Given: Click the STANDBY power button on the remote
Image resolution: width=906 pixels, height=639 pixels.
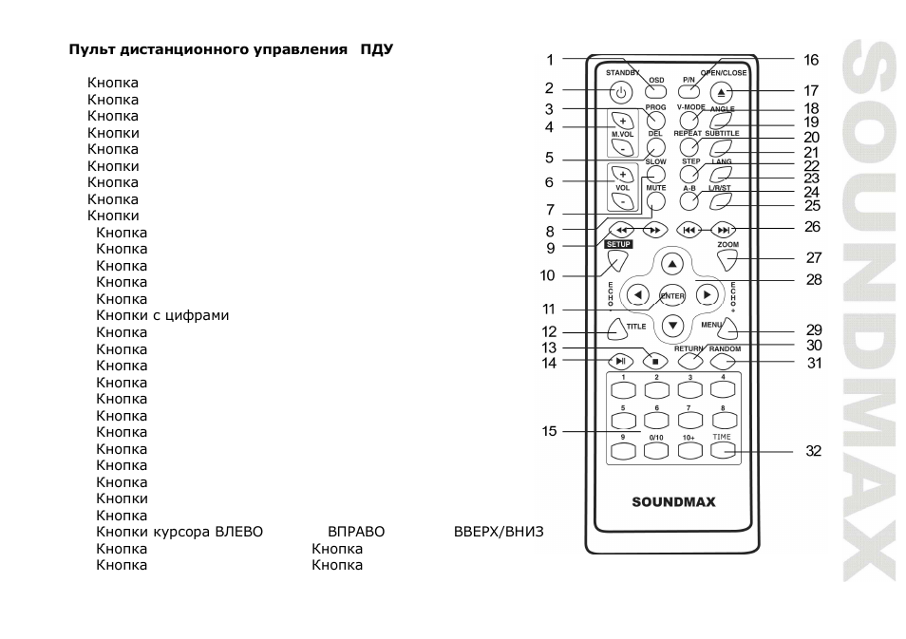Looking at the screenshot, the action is click(x=621, y=92).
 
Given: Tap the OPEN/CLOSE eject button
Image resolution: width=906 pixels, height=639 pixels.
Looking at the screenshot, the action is click(x=721, y=92).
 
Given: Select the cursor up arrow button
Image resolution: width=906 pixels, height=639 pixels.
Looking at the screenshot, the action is click(x=672, y=264).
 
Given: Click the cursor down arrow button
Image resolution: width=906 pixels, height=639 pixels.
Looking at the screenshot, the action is click(x=672, y=326).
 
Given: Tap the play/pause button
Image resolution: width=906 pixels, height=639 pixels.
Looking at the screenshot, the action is click(x=620, y=362).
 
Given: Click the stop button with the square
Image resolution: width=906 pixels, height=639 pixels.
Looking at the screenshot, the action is click(x=655, y=362).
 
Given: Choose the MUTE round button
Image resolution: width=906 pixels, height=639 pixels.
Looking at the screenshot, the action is click(x=656, y=201).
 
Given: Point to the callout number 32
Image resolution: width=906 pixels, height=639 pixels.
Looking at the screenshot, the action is click(x=814, y=451).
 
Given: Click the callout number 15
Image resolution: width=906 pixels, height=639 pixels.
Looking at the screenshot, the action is click(x=549, y=431).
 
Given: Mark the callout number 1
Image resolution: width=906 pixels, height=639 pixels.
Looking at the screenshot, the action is click(x=550, y=60).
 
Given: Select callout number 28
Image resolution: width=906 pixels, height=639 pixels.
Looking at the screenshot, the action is click(x=814, y=280).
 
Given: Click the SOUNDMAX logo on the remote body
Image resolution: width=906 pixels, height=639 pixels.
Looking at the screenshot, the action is click(x=673, y=502).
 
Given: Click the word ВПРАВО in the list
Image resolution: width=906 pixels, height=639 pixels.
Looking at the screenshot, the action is click(x=356, y=532).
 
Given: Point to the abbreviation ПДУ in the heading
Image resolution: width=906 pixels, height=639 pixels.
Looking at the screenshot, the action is click(x=377, y=49).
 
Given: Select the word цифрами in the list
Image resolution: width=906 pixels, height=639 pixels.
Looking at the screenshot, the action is click(x=197, y=315).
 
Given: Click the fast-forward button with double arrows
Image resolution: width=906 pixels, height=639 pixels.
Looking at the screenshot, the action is click(x=655, y=230).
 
